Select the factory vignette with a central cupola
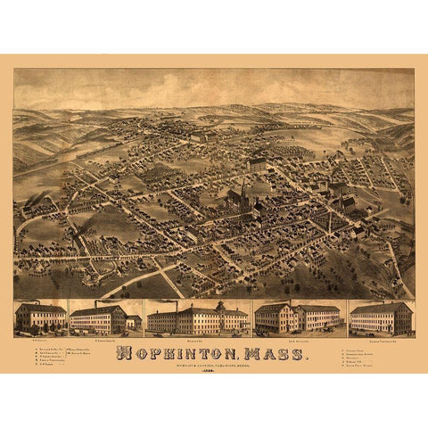[x=197, y=318]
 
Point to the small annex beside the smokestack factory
[x=133, y=322]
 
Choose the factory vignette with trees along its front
[x=41, y=317]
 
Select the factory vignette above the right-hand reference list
[x=381, y=317]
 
